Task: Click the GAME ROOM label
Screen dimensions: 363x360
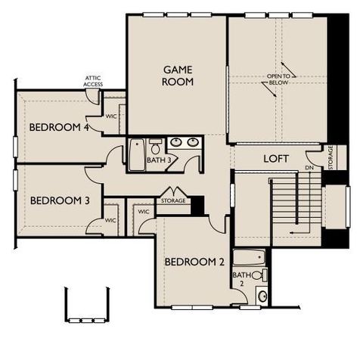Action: coord(178,75)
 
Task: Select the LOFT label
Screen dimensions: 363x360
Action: coord(276,159)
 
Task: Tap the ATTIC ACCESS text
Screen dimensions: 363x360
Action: coord(93,82)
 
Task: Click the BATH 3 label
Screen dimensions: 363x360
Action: coord(157,160)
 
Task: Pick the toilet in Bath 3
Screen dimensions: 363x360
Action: coord(155,144)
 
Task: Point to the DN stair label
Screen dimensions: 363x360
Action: coord(308,167)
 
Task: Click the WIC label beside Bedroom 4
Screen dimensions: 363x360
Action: coord(110,116)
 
